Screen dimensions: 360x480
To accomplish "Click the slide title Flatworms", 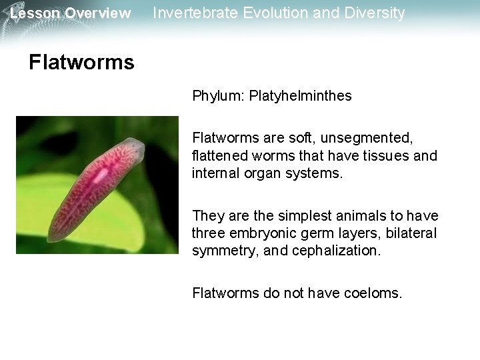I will click(81, 63).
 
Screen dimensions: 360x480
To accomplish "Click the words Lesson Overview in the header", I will click(71, 13).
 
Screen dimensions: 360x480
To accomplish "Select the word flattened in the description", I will click(217, 156).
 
